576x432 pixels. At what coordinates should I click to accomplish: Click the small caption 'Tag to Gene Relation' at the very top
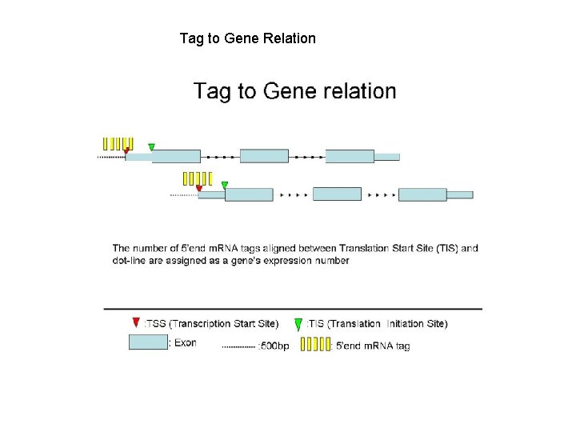[247, 38]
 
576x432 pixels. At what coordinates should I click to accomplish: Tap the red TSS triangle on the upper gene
[126, 150]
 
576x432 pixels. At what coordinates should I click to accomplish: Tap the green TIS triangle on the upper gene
[151, 146]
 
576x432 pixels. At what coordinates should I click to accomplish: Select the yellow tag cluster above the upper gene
[117, 143]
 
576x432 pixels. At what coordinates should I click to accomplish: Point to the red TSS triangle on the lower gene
[199, 189]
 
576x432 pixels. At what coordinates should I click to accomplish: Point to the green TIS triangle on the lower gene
[225, 185]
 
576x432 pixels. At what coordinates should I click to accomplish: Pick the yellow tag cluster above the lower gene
[197, 178]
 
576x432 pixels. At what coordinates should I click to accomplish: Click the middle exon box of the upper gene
[264, 156]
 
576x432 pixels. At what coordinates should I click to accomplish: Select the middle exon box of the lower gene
[337, 194]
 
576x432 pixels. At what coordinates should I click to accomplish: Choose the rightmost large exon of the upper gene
[350, 156]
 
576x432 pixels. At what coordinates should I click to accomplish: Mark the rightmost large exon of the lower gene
[422, 194]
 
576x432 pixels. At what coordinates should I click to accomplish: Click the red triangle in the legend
[135, 322]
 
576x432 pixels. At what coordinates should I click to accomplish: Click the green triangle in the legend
[298, 324]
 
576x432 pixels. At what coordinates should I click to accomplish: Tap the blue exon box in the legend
[148, 342]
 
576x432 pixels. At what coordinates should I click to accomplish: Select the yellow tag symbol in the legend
[314, 344]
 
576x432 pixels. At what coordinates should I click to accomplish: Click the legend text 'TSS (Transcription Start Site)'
[212, 324]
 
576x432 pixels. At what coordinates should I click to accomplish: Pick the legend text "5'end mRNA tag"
[373, 346]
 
